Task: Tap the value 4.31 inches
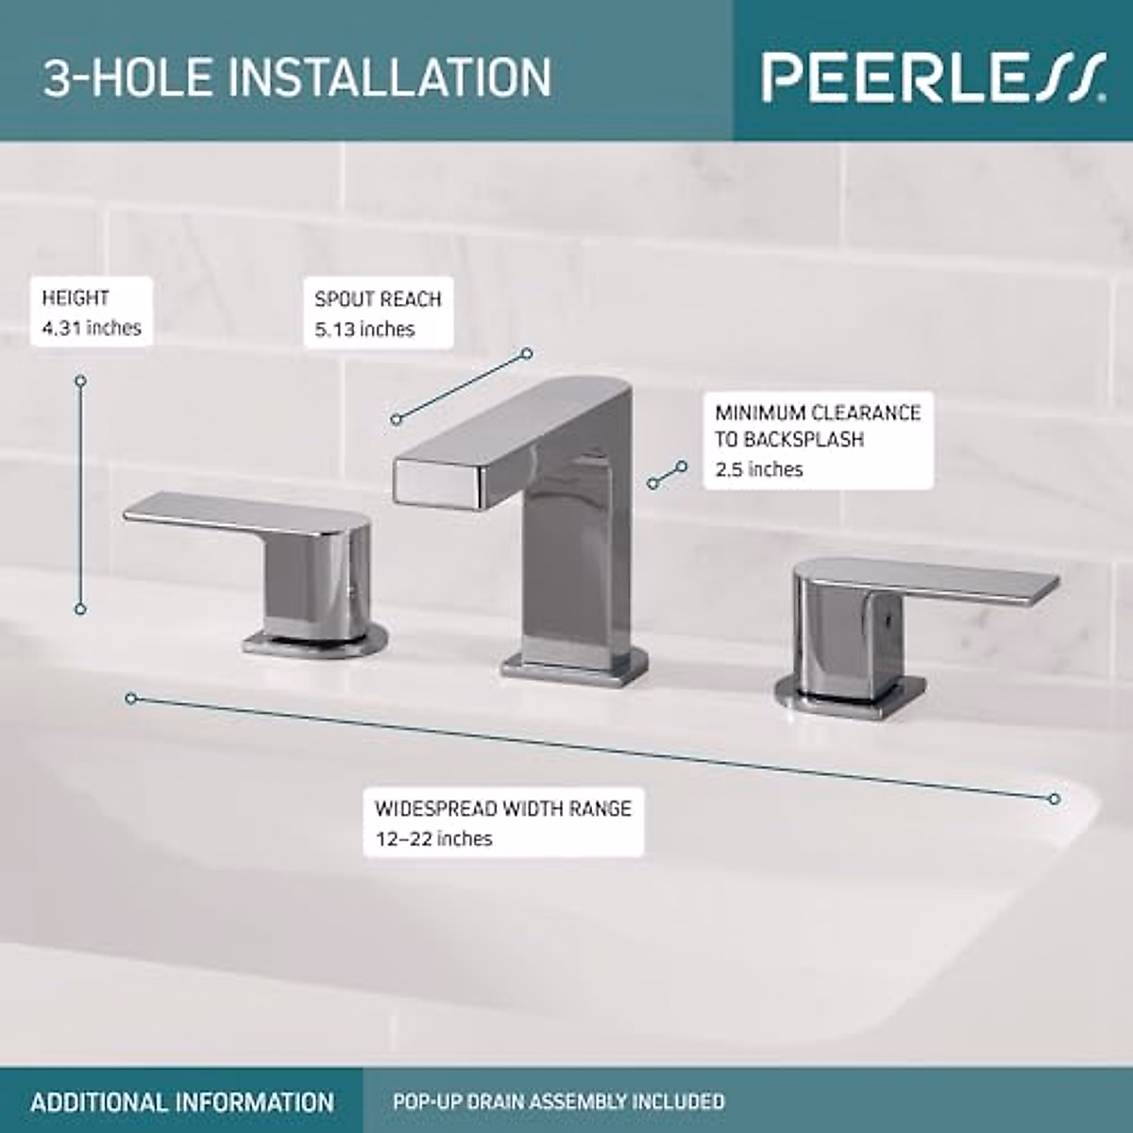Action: pos(91,328)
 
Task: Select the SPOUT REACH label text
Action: pos(378,299)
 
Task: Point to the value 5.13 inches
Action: pos(364,330)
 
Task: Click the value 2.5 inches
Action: pos(758,469)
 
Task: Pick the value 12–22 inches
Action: pos(433,838)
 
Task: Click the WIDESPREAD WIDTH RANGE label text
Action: pos(502,809)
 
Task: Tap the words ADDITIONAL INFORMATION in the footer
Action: pos(182,1101)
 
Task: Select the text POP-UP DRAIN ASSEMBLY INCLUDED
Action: pos(559,1101)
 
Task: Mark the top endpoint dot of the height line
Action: pos(80,380)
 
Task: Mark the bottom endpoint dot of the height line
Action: pos(80,610)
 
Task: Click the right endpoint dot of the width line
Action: pos(1055,799)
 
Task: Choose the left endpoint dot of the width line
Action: pos(131,699)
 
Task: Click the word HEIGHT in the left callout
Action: pos(76,298)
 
